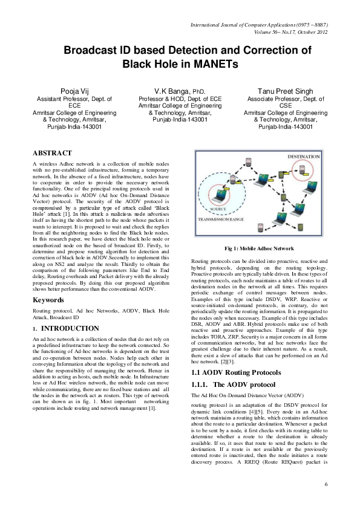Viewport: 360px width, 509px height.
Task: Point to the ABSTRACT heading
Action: (x=52, y=154)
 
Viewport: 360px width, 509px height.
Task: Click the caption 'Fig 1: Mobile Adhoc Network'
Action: (x=259, y=248)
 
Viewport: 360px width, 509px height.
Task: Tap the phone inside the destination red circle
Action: (x=303, y=171)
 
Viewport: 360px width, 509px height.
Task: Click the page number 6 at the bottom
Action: (x=326, y=484)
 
